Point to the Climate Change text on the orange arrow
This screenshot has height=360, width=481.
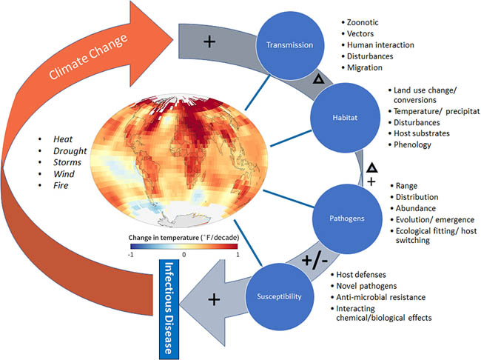click(87, 60)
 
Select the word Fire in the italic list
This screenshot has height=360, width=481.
click(62, 186)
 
